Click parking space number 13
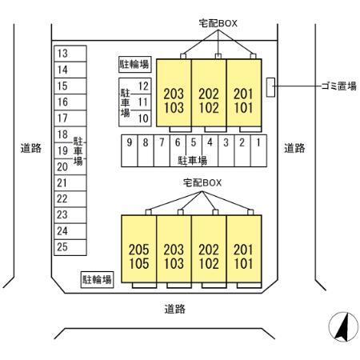[x=70, y=54]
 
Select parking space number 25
[x=70, y=247]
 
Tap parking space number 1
[x=258, y=150]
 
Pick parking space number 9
[x=130, y=150]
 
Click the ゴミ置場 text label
[x=339, y=86]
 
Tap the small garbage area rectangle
[x=270, y=87]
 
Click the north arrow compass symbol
[x=343, y=326]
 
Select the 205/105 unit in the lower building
[x=139, y=249]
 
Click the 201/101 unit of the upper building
[x=244, y=93]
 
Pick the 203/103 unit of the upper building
[x=174, y=93]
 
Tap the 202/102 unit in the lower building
[x=209, y=249]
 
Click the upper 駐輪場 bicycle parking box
[x=135, y=64]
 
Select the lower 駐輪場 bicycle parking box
[x=97, y=280]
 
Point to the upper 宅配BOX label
[x=218, y=23]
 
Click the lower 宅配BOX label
[x=202, y=182]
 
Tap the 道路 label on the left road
[x=31, y=148]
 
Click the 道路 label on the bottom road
[x=174, y=309]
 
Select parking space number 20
[x=70, y=167]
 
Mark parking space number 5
[x=194, y=150]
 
